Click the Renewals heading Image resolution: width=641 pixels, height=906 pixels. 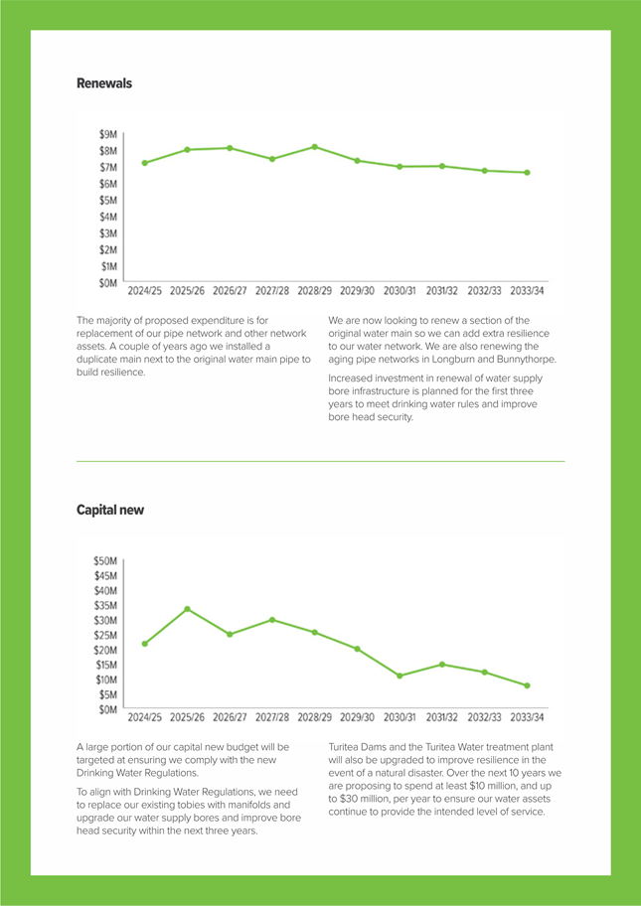[104, 83]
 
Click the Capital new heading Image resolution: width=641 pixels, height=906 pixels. [110, 511]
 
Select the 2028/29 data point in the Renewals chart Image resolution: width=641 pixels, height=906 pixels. [314, 147]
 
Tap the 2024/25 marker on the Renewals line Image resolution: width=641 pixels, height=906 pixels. [144, 163]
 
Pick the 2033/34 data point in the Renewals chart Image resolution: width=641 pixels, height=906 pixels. [527, 172]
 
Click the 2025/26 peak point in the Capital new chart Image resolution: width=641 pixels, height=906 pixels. [187, 609]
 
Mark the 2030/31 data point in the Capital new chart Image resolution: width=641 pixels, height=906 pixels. [400, 676]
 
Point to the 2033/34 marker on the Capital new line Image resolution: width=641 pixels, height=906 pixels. [527, 685]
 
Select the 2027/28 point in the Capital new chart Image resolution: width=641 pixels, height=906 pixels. [272, 620]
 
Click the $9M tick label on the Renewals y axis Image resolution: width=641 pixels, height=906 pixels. [108, 135]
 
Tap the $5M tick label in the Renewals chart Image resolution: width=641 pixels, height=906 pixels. [108, 201]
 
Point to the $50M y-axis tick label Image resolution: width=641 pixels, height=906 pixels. [105, 561]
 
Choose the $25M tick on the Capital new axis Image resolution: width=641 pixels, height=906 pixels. [105, 635]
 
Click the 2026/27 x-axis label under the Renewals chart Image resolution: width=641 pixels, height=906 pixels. [230, 291]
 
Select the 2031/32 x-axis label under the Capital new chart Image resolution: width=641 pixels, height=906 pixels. [442, 717]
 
